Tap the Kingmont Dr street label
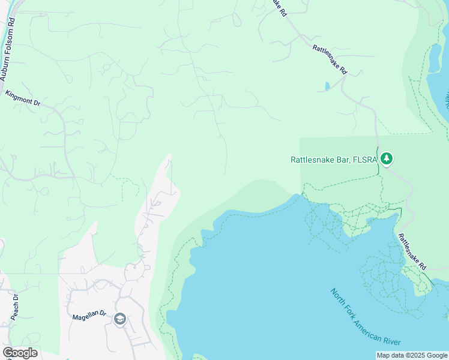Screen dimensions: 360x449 [x=22, y=98]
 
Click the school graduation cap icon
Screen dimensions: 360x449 [x=119, y=319]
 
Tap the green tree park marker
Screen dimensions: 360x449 [x=387, y=159]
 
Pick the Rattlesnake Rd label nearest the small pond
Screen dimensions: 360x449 [x=330, y=59]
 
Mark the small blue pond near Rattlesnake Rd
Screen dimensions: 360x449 [x=327, y=86]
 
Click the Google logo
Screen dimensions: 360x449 [x=20, y=353]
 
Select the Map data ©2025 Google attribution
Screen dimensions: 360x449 [x=412, y=355]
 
